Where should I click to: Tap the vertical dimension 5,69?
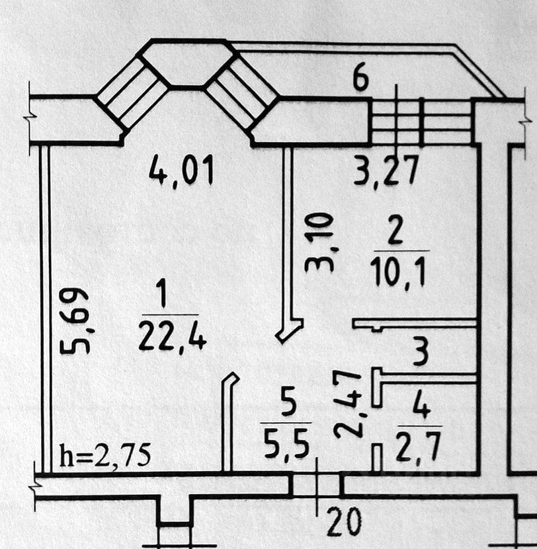[75, 320]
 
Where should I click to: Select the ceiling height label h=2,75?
[106, 455]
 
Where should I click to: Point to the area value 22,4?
[172, 336]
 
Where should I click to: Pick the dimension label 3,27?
[386, 172]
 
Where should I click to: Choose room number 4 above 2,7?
[418, 402]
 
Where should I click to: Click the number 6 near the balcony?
[360, 79]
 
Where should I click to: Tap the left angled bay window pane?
[132, 92]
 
